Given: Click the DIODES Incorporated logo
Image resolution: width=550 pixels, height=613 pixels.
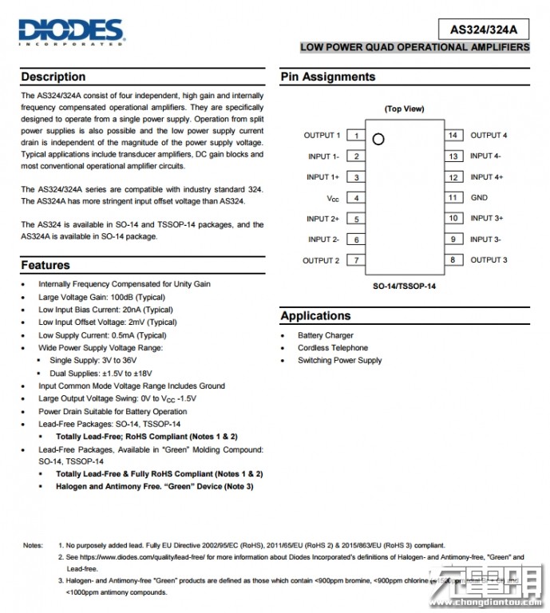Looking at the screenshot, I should coord(71,32).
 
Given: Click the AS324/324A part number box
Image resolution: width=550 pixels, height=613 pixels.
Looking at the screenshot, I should coord(484,30).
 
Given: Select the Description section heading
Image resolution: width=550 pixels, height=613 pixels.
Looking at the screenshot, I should coord(53,77).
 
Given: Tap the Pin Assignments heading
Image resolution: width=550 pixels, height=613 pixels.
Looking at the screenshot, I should coord(327,77).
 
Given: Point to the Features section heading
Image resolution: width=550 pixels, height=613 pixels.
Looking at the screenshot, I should coord(46,265).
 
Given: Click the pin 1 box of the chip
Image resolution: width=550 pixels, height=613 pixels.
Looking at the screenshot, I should coord(356,136).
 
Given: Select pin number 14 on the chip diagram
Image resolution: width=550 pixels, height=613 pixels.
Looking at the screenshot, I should coord(453,136).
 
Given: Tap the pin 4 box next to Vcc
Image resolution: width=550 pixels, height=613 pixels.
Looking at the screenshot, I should coord(356,198).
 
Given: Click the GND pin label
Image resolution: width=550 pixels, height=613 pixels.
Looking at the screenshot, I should coord(479,197).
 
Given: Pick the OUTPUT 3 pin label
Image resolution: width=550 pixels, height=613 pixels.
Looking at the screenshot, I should coord(489,259).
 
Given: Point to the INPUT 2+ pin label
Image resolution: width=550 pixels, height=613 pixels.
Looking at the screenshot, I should coord(322,219).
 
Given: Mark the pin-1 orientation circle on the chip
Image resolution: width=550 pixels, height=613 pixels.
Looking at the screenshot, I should coord(378,138).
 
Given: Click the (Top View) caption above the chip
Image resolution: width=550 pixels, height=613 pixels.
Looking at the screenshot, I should coord(404,109).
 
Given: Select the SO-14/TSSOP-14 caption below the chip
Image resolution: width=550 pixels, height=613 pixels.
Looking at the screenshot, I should coord(404,285).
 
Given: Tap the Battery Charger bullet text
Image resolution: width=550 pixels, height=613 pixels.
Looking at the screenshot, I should coord(326,335).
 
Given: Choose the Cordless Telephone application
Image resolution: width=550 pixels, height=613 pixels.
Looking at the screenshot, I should coord(333,348).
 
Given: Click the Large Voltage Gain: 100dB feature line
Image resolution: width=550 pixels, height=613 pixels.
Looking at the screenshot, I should coord(101,297).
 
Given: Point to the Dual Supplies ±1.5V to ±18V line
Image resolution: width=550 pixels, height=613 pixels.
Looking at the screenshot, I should coord(101,373).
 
